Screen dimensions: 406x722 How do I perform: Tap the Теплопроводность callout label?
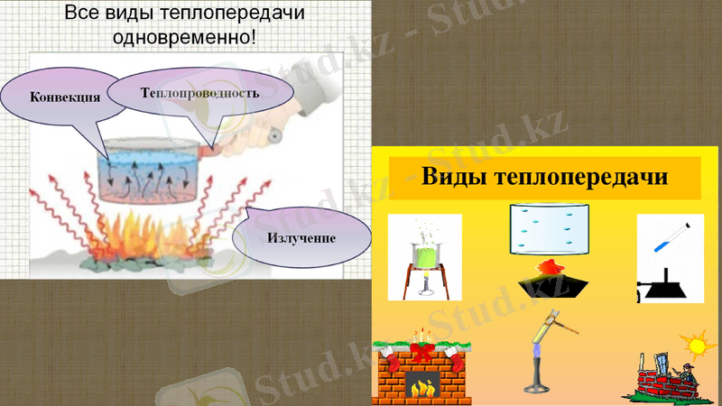(199, 93)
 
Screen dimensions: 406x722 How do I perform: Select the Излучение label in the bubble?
(301, 238)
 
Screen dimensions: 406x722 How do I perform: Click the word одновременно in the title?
(184, 38)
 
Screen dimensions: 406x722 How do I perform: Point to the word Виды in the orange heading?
(455, 176)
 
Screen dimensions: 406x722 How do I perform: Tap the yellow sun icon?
(695, 345)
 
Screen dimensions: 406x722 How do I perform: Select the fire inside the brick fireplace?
(421, 387)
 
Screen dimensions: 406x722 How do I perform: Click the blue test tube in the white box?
(672, 237)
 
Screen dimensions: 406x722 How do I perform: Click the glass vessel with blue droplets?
(549, 226)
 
